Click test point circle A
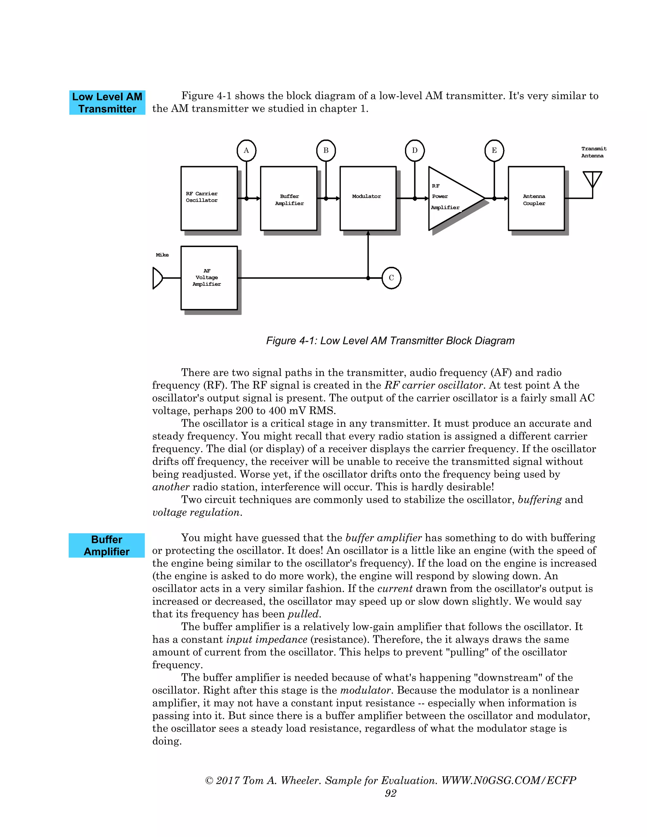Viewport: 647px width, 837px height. click(246, 150)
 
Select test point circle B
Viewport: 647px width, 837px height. click(326, 150)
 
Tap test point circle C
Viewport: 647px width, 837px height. click(391, 278)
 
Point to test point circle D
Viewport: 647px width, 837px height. click(415, 150)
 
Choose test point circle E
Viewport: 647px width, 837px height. click(494, 150)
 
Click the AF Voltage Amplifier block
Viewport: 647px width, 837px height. click(209, 278)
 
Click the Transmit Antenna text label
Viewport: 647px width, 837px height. click(593, 152)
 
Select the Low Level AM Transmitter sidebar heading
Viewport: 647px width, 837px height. click(107, 103)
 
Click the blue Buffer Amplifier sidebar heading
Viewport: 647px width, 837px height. click(106, 545)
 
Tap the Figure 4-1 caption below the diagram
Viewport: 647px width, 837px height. click(390, 341)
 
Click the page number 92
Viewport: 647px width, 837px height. click(390, 793)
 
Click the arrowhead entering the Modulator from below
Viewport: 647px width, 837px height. click(368, 233)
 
